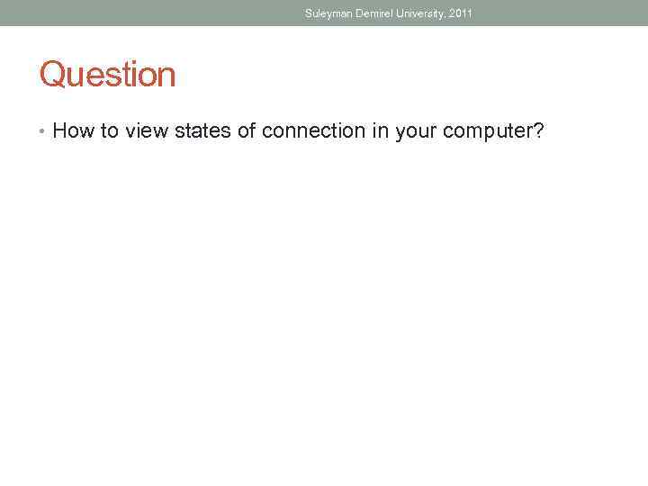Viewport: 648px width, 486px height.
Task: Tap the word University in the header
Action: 417,13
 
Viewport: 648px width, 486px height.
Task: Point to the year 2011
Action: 460,13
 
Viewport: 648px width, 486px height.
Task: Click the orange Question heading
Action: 107,75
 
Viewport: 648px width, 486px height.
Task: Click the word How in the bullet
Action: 74,131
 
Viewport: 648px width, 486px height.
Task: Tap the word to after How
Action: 110,131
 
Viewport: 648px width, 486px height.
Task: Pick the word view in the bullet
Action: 147,131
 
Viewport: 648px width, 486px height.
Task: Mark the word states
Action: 202,131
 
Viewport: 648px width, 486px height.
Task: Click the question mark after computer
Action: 539,131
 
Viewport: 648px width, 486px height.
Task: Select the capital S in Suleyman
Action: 308,13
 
